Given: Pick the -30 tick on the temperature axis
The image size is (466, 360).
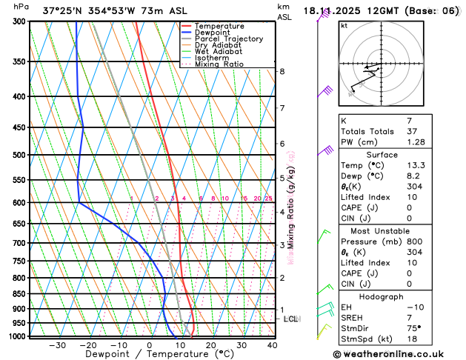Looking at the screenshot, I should coord(57,345).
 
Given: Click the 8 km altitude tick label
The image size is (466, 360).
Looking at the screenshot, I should coord(282,71).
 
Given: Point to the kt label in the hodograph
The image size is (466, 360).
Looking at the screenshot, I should coord(344,25).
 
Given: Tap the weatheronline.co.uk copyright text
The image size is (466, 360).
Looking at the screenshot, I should coord(393,354).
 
